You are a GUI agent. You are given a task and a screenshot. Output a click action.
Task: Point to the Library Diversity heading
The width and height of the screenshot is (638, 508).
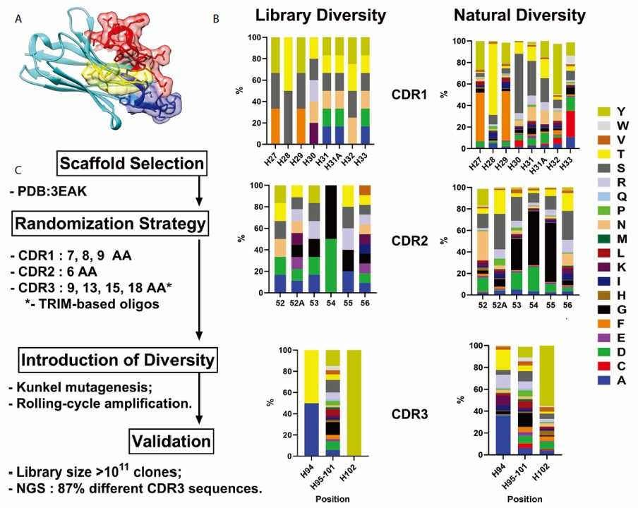pyautogui.click(x=321, y=15)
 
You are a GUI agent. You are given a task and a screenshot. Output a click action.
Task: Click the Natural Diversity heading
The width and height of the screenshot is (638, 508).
pyautogui.click(x=519, y=15)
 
